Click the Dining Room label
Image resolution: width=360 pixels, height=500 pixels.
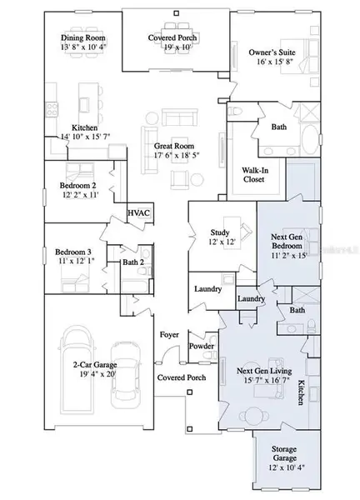[82, 37]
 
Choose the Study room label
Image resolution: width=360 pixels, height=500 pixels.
[219, 233]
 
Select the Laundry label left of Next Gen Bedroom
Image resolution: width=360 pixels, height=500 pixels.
[207, 289]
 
